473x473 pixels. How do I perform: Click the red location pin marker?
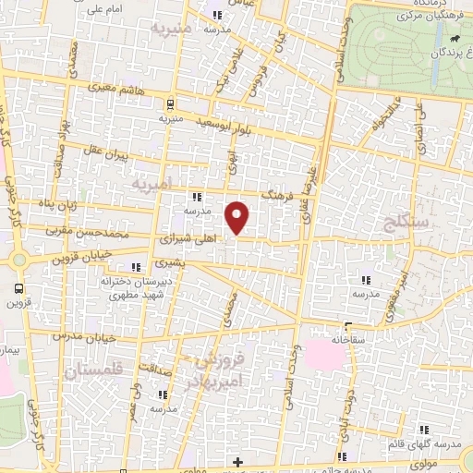238,217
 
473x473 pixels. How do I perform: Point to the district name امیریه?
152,186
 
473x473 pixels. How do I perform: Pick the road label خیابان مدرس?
95,334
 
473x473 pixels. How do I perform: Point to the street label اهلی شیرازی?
187,237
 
